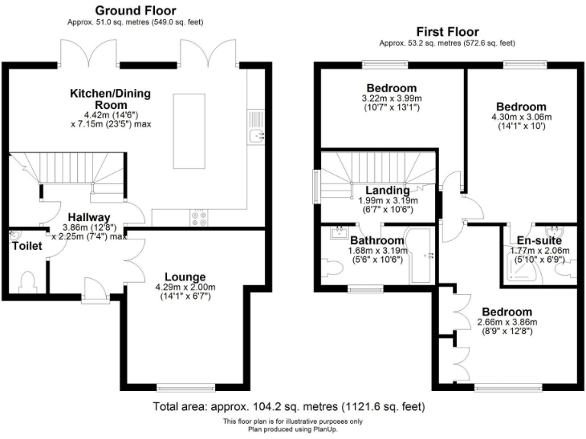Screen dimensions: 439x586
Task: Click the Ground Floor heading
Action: click(x=135, y=11)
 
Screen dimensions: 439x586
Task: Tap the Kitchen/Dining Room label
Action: click(x=111, y=99)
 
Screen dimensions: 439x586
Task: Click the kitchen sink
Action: click(x=256, y=136)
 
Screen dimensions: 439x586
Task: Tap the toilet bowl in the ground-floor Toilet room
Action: click(x=29, y=281)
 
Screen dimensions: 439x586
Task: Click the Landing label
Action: click(x=387, y=191)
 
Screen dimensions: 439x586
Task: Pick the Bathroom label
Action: click(x=378, y=241)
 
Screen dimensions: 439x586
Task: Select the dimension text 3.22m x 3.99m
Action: click(x=391, y=98)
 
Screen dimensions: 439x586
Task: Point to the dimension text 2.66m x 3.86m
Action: click(x=507, y=322)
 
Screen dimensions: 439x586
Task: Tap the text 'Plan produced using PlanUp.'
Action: click(x=292, y=429)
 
